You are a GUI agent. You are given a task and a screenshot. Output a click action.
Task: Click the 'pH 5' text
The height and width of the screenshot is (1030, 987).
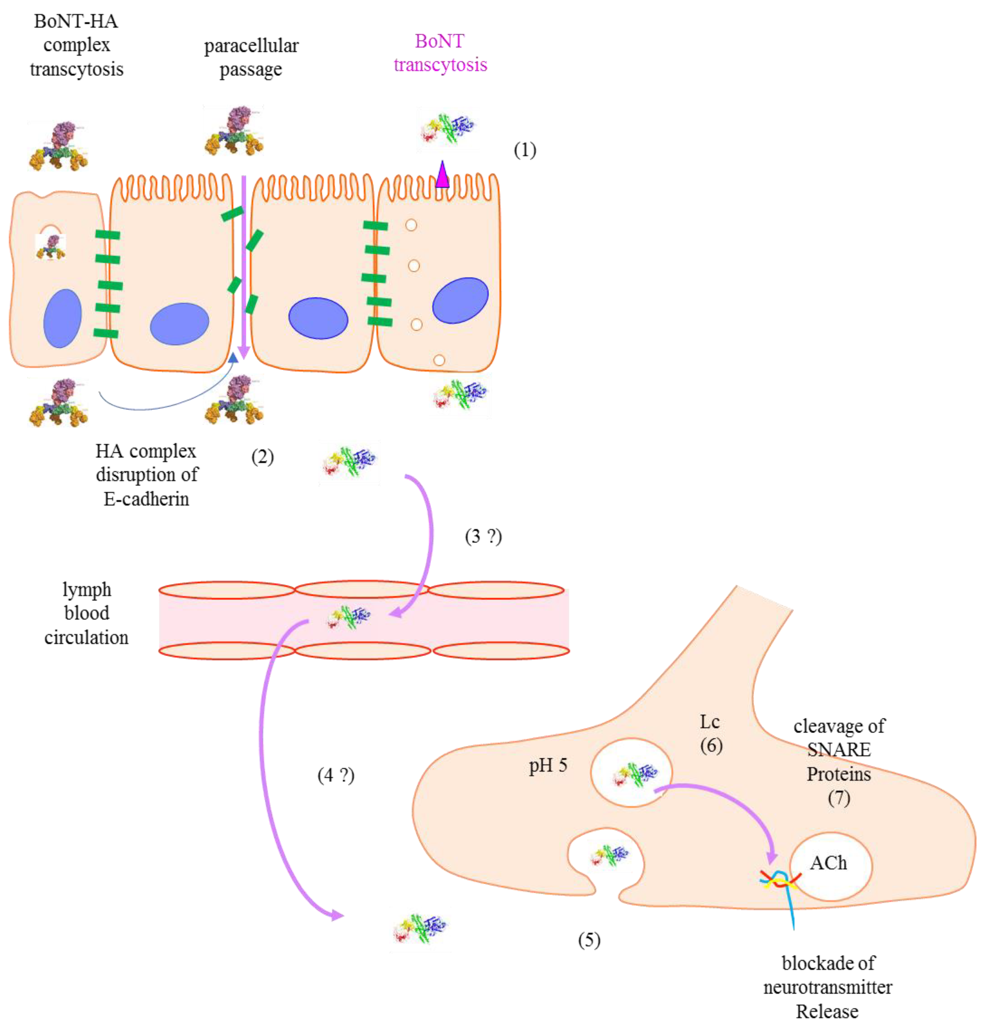pyautogui.click(x=548, y=766)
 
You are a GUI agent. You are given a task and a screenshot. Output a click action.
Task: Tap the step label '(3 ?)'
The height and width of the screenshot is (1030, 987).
pyautogui.click(x=483, y=536)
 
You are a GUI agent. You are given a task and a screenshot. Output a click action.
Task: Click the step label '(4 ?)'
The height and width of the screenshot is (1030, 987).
pyautogui.click(x=335, y=775)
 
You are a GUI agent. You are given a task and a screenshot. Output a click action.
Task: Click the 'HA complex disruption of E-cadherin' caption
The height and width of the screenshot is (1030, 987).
pyautogui.click(x=147, y=474)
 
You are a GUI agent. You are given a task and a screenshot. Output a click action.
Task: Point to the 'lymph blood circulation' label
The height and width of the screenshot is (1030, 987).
pyautogui.click(x=86, y=613)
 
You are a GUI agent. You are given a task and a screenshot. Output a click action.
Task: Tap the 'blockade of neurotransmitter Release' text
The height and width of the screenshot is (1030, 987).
pyautogui.click(x=827, y=987)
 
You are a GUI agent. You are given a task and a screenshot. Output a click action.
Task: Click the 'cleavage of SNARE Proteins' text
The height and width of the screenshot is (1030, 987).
pyautogui.click(x=838, y=750)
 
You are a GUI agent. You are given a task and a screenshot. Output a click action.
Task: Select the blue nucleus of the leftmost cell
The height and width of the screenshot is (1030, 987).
pyautogui.click(x=63, y=318)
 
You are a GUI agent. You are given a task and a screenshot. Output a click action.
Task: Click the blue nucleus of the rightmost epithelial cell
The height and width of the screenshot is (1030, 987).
pyautogui.click(x=460, y=300)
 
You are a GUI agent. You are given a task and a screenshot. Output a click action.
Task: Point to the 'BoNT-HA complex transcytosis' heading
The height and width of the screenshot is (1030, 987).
pyautogui.click(x=76, y=45)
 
